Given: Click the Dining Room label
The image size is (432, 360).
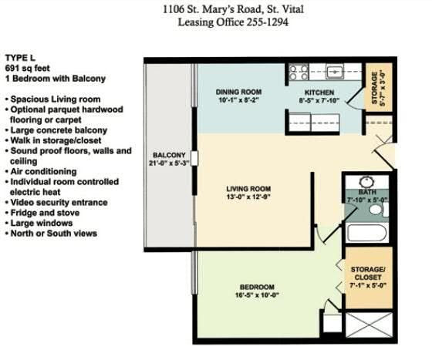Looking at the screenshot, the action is point(238,92).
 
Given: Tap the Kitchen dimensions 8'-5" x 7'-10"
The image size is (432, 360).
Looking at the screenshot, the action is point(319,101).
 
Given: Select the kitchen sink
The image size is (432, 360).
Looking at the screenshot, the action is point(335,72).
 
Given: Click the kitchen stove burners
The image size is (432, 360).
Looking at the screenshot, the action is point(299,72).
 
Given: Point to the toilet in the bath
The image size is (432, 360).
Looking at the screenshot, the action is point(378,209).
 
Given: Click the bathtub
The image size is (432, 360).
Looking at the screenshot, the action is point(367,233).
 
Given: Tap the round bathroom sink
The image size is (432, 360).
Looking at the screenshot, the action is point(366,182).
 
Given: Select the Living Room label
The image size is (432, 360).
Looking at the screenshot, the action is point(248,189).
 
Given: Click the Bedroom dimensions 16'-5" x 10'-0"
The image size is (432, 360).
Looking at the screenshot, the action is point(258,295).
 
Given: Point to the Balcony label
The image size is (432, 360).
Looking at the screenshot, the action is point(169,155).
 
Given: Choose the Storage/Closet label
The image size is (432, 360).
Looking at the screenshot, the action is point(367,274).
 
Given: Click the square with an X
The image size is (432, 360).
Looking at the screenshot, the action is point(369,325).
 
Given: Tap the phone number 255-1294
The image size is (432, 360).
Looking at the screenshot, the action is point(267,22).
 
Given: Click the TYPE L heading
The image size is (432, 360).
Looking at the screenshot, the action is point(20,58).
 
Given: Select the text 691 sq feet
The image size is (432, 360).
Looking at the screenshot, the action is point(28,68).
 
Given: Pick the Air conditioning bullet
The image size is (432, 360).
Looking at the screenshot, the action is point(41,171).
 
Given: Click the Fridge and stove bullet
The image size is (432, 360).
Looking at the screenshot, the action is point(42,213).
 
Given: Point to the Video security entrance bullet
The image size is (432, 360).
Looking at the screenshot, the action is point(56,203).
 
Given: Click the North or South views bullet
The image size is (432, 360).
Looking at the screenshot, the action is point(51,234).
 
